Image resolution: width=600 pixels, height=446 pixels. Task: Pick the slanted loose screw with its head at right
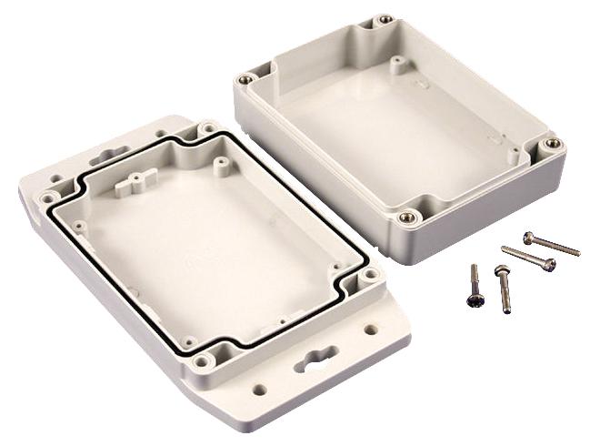(x=528, y=258)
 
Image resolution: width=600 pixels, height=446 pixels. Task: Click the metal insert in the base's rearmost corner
(x=386, y=20)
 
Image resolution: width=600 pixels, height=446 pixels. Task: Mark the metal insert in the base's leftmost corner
(x=243, y=79)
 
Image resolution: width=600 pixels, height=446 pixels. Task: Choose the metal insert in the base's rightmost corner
(x=550, y=144)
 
